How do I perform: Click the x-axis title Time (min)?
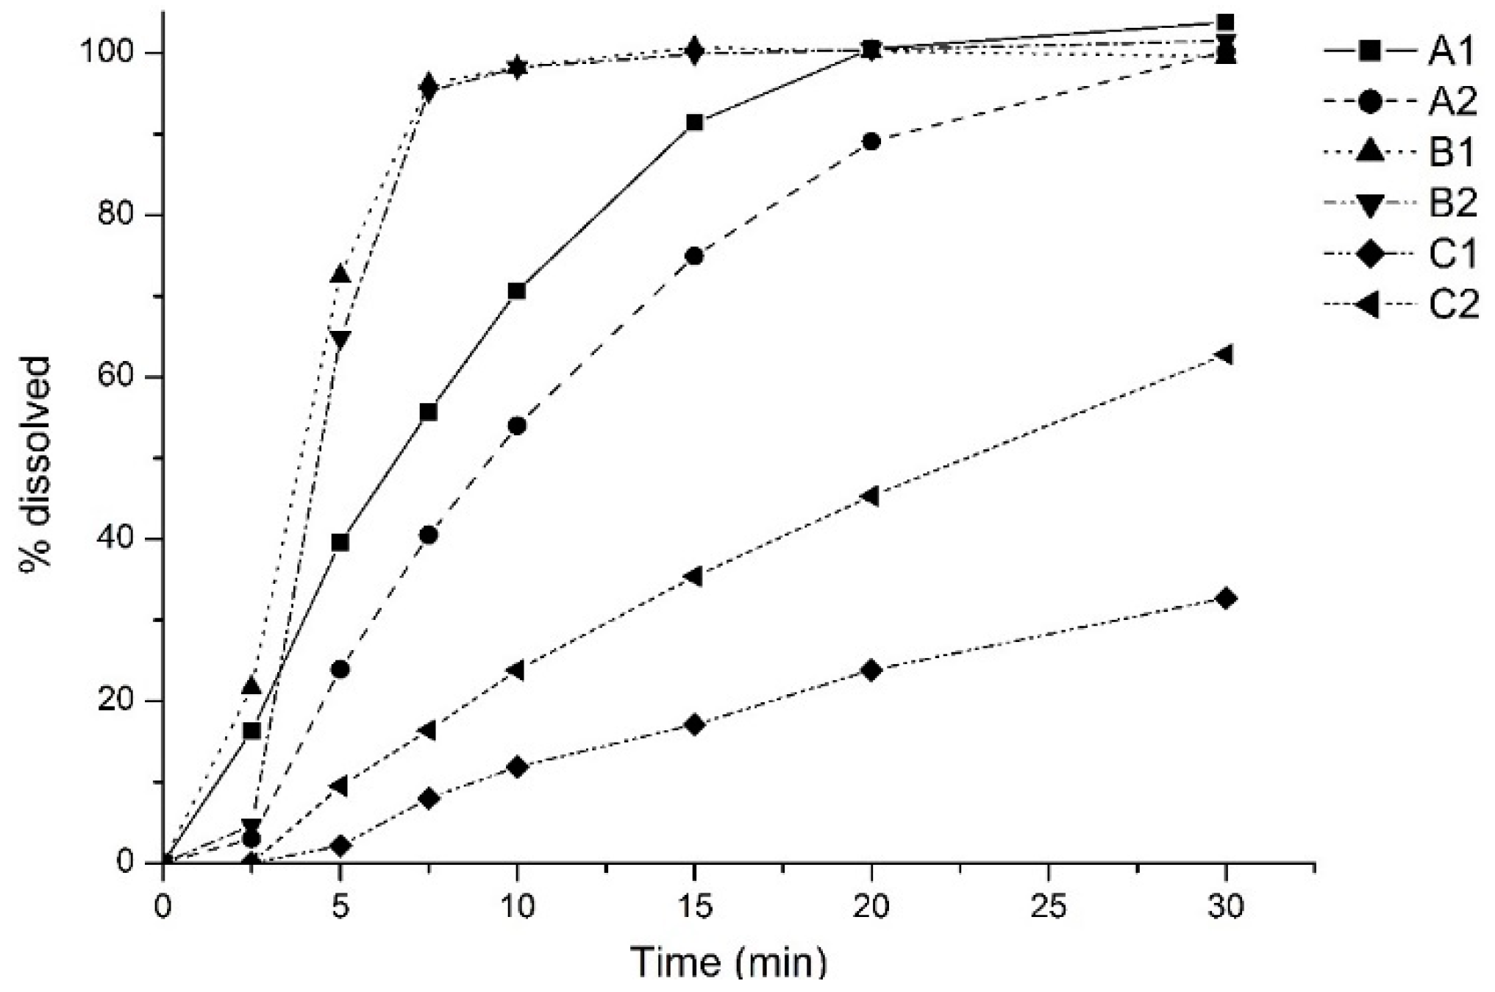tap(728, 963)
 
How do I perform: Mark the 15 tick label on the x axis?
tap(693, 907)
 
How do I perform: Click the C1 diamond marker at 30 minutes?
tap(1225, 598)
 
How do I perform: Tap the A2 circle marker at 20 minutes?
tap(871, 141)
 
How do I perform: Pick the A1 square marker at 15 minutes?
tap(694, 123)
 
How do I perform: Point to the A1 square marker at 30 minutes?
tap(1225, 22)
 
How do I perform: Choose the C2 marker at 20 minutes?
tap(870, 496)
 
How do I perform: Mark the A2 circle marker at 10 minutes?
tap(517, 426)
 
